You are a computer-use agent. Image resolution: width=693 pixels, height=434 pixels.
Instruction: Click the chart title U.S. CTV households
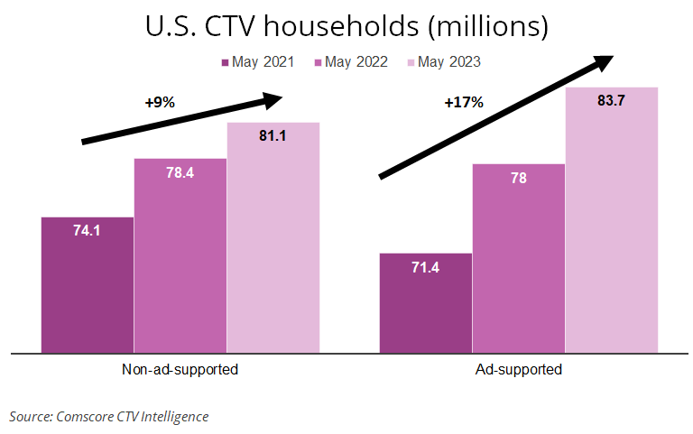(x=346, y=26)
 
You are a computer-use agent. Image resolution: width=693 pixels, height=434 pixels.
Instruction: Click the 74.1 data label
(x=87, y=230)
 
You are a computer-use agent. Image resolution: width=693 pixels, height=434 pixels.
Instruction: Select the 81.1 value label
(x=273, y=136)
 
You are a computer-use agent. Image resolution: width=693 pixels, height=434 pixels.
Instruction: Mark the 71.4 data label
(x=425, y=267)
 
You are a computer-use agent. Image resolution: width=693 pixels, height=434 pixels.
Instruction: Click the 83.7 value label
(x=611, y=101)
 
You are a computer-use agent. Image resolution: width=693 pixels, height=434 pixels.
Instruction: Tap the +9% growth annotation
(x=159, y=103)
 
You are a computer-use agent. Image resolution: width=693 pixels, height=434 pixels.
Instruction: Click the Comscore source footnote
(x=109, y=416)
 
